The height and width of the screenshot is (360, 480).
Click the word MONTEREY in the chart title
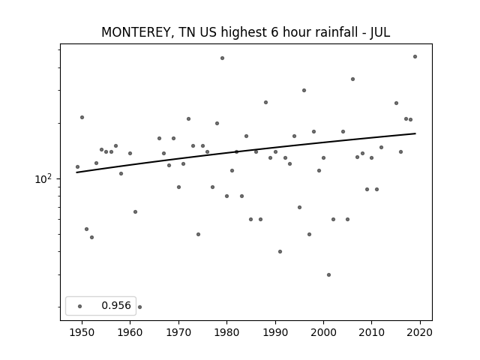pyautogui.click(x=136, y=32)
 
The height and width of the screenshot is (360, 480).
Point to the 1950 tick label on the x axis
pyautogui.click(x=82, y=332)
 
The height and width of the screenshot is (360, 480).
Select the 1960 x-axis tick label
pyautogui.click(x=130, y=332)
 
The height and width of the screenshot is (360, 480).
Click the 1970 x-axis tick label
pyautogui.click(x=178, y=332)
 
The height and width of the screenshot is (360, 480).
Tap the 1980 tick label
pyautogui.click(x=226, y=332)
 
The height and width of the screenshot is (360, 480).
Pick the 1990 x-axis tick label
pyautogui.click(x=275, y=332)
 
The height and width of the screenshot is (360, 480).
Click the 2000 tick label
pyautogui.click(x=323, y=332)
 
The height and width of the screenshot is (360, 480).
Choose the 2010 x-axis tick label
pyautogui.click(x=372, y=332)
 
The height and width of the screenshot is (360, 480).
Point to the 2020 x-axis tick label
pyautogui.click(x=420, y=332)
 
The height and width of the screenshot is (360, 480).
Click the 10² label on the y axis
pyautogui.click(x=43, y=178)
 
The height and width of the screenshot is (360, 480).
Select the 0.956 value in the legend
pyautogui.click(x=116, y=305)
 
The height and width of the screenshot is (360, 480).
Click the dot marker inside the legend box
pyautogui.click(x=80, y=306)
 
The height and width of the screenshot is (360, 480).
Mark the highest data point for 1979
pyautogui.click(x=222, y=58)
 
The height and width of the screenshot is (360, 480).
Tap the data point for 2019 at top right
pyautogui.click(x=415, y=57)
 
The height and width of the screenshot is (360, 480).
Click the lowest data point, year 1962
pyautogui.click(x=140, y=307)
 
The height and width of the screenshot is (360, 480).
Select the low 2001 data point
pyautogui.click(x=328, y=275)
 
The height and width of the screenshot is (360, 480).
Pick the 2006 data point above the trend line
pyautogui.click(x=352, y=79)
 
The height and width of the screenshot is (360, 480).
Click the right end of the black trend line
pyautogui.click(x=415, y=133)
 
